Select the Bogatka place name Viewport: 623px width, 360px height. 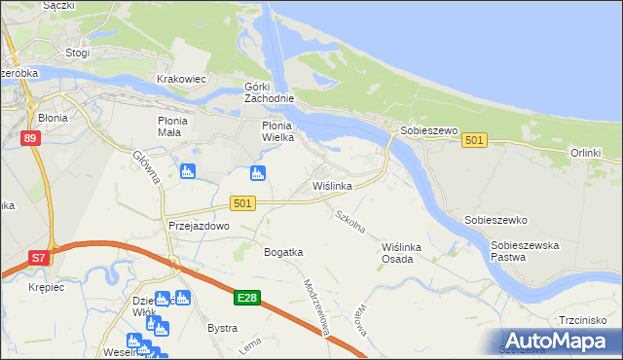click(x=283, y=252)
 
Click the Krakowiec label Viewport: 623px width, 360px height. click(x=181, y=79)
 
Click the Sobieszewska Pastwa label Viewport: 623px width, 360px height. click(x=525, y=251)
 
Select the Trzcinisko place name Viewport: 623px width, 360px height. click(x=583, y=319)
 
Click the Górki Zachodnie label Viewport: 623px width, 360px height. click(x=269, y=93)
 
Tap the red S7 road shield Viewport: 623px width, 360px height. click(x=37, y=258)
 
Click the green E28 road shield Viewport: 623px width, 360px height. click(x=246, y=298)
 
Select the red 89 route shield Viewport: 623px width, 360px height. click(x=29, y=139)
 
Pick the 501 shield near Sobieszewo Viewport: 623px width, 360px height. click(x=474, y=141)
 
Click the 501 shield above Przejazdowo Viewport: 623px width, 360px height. click(x=243, y=202)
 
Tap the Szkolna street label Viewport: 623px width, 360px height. click(x=349, y=222)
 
